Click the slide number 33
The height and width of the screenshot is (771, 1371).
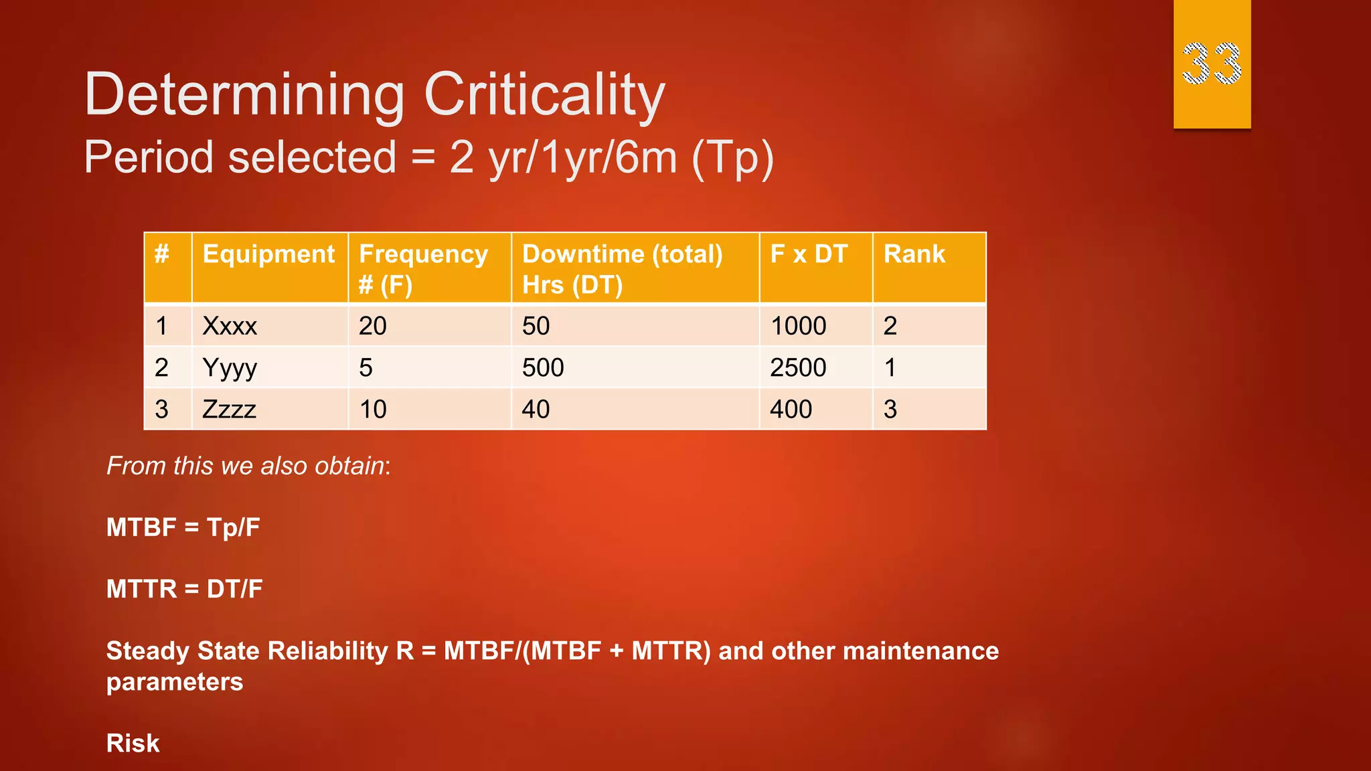click(1211, 64)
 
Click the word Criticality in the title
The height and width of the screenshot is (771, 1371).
click(544, 94)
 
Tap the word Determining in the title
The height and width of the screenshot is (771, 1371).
click(244, 94)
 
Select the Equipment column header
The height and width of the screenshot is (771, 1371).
click(268, 254)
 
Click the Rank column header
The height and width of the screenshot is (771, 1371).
click(914, 254)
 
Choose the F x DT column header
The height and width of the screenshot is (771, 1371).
click(809, 254)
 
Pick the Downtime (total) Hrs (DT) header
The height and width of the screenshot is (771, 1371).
click(622, 269)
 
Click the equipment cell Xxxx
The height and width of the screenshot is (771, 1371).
click(230, 326)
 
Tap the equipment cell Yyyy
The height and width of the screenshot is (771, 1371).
click(230, 367)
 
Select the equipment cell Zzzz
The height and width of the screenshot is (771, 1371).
click(229, 409)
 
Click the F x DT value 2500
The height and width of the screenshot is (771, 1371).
click(798, 367)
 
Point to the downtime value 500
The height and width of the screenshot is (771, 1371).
click(543, 367)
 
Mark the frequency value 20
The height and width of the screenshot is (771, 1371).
click(372, 326)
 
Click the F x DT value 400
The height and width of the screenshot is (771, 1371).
click(791, 409)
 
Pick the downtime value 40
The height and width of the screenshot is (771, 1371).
click(536, 409)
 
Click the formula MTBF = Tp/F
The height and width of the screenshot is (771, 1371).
click(183, 527)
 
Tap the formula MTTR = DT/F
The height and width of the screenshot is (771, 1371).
click(184, 589)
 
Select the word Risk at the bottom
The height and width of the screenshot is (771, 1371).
click(133, 743)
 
